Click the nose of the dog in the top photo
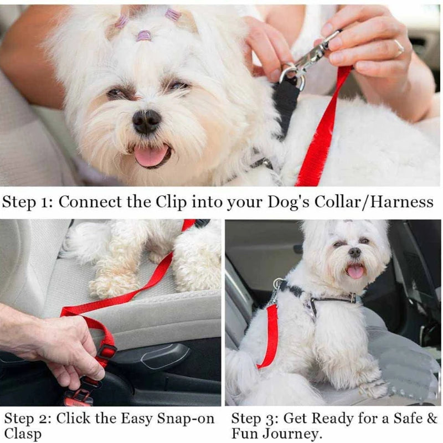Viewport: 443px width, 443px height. [147, 121]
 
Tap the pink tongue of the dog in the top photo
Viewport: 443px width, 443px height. [151, 156]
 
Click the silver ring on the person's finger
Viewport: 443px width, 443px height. [399, 48]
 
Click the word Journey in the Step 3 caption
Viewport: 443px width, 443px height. [296, 434]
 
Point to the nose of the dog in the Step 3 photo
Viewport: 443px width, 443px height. [355, 253]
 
